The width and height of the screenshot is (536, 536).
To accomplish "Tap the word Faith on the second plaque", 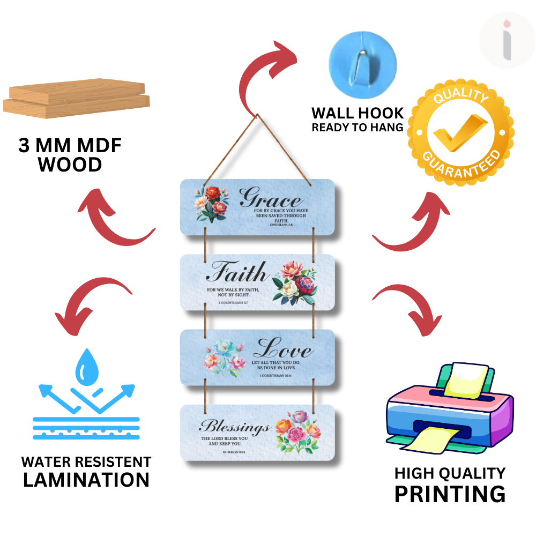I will pos(237,273).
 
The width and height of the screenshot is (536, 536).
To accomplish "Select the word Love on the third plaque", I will pos(283,349).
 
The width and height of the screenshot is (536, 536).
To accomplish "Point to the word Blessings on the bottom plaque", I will pos(234,427).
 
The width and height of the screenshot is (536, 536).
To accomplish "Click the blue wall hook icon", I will pos(362,59).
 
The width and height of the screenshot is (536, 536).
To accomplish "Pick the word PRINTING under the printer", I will pos(449,494).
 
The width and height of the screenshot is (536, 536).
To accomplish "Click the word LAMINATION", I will pos(86,480).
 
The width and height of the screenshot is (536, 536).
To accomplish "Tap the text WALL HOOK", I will pos(358,114).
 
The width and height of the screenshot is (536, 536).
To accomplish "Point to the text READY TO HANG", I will pos(358,128).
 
